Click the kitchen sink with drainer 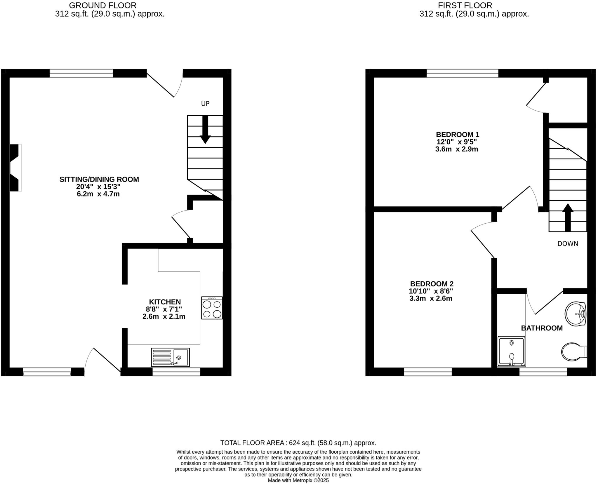(170, 357)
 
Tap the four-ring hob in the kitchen (212, 308)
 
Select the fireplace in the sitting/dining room (15, 168)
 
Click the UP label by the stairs (205, 104)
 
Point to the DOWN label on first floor (567, 244)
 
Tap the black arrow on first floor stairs (568, 217)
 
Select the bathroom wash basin (575, 314)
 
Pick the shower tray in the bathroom (511, 351)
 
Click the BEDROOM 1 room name (457, 135)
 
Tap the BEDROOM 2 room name (432, 284)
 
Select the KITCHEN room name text (165, 302)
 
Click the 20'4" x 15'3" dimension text (98, 187)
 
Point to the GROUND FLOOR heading (102, 5)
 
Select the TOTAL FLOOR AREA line (298, 443)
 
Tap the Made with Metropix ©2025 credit (298, 480)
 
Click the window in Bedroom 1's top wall (462, 73)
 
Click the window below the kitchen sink (176, 372)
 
